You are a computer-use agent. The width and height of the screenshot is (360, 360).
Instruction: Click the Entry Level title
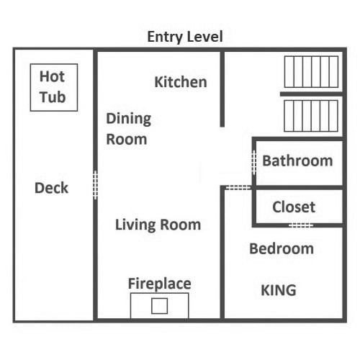pyautogui.click(x=185, y=37)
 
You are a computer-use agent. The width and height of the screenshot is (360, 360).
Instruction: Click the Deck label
pyautogui.click(x=51, y=188)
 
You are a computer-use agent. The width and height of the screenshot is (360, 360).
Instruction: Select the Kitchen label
pyautogui.click(x=181, y=82)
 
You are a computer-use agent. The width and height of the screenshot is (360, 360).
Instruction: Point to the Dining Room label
pyautogui.click(x=128, y=129)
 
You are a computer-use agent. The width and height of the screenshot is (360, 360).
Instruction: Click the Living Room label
pyautogui.click(x=158, y=225)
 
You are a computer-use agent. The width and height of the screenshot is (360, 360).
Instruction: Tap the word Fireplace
pyautogui.click(x=160, y=284)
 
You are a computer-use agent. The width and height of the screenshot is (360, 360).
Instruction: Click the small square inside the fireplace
pyautogui.click(x=160, y=306)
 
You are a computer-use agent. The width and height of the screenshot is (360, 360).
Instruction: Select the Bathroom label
pyautogui.click(x=297, y=161)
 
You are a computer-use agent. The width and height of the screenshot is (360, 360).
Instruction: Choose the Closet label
pyautogui.click(x=294, y=207)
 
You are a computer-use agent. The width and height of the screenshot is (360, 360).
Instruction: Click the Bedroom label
pyautogui.click(x=282, y=248)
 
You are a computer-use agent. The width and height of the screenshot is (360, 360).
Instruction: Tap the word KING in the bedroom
pyautogui.click(x=279, y=290)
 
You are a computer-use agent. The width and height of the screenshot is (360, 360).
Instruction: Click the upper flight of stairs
pyautogui.click(x=311, y=72)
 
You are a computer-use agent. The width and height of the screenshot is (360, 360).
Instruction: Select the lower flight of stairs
pyautogui.click(x=311, y=116)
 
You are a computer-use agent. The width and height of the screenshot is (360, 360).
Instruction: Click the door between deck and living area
pyautogui.click(x=95, y=185)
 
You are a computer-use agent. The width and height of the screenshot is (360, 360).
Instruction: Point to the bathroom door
pyautogui.click(x=254, y=163)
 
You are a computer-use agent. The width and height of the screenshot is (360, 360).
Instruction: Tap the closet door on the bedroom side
pyautogui.click(x=301, y=225)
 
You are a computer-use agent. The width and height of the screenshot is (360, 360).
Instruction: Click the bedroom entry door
pyautogui.click(x=238, y=187)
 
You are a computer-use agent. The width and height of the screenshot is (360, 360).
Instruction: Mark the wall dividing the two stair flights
pyautogui.click(x=311, y=94)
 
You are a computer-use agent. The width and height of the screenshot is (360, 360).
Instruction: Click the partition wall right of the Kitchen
pyautogui.click(x=222, y=89)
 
